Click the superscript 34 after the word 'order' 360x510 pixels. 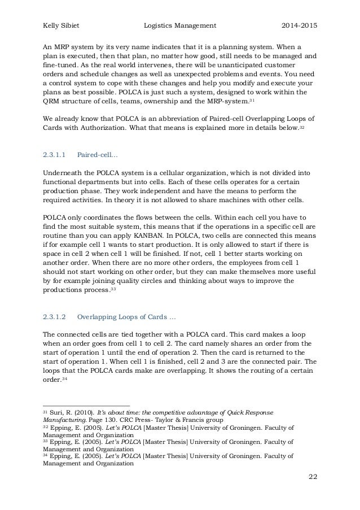pos(63,379)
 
